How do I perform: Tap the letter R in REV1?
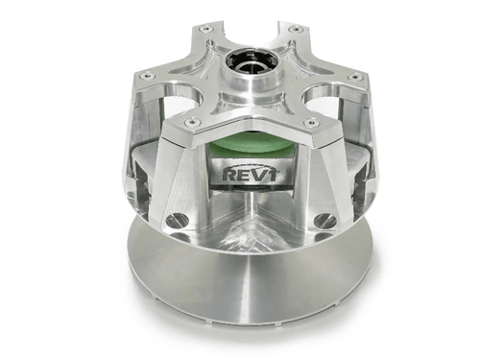228,175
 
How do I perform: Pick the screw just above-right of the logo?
310,122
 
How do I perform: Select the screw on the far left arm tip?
146,76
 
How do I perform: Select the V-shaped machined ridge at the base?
252,230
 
